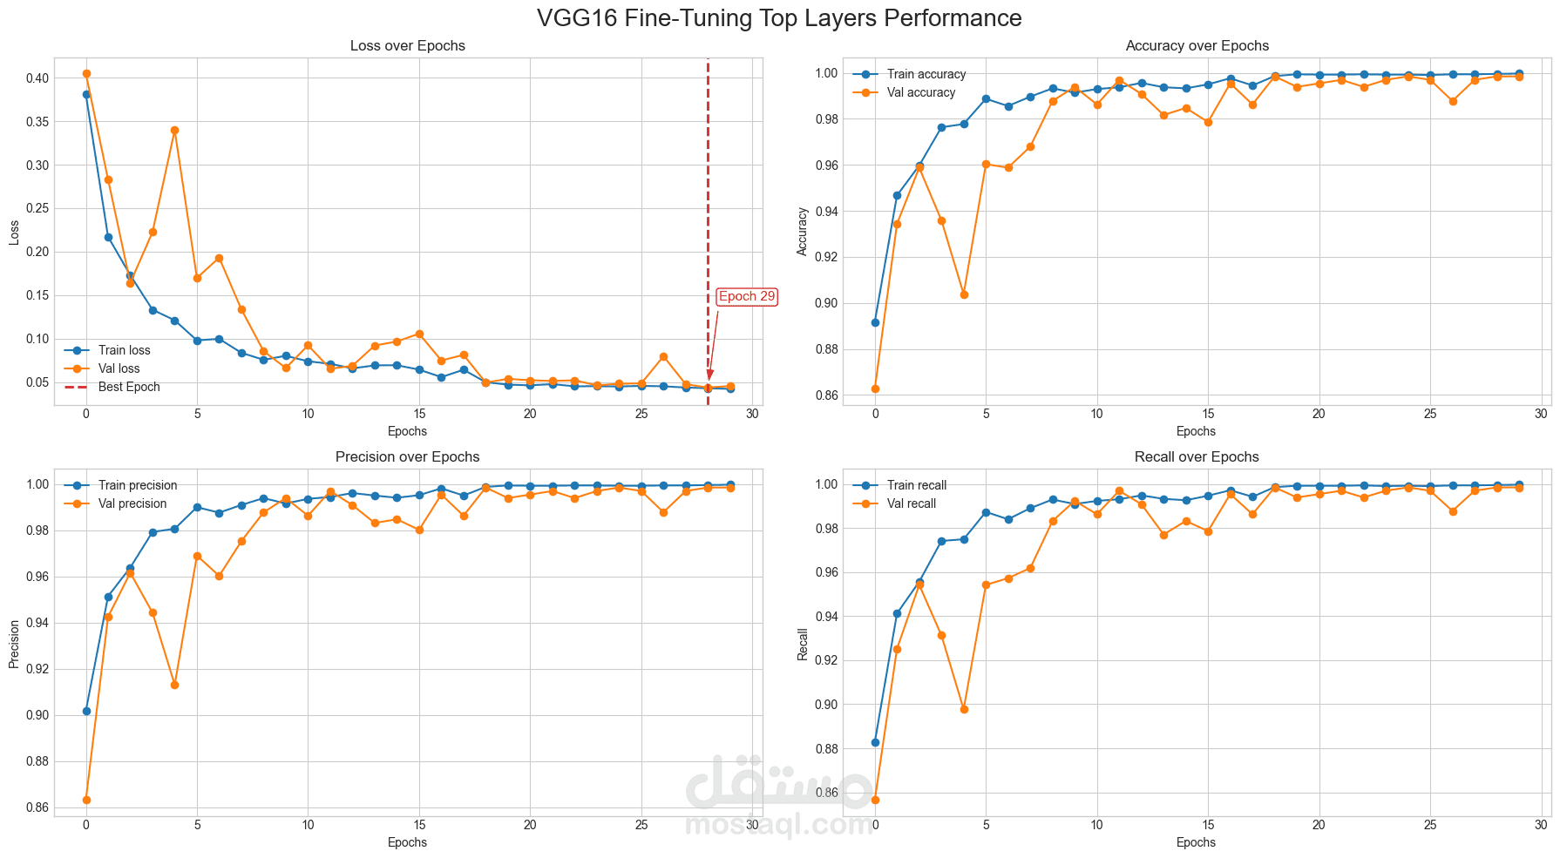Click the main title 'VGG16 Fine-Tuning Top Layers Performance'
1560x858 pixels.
point(779,18)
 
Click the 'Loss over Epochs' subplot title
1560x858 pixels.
point(407,46)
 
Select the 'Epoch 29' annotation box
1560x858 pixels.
point(746,296)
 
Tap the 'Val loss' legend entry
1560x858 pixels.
point(119,368)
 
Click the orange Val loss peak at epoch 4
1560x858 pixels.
point(174,130)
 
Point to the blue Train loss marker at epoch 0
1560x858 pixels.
point(86,94)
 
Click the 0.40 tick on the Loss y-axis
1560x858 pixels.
point(37,78)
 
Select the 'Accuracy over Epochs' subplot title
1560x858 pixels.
point(1197,46)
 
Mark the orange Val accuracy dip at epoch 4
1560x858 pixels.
point(964,294)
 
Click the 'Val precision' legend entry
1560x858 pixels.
point(132,503)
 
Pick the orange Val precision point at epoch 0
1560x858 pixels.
point(86,800)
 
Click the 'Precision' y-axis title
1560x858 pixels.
point(14,644)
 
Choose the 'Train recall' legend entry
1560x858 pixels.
point(916,485)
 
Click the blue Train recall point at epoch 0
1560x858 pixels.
point(875,742)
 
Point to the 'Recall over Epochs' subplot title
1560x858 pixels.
point(1197,457)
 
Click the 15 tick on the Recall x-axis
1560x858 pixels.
point(1208,825)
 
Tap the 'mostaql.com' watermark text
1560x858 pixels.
point(779,822)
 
